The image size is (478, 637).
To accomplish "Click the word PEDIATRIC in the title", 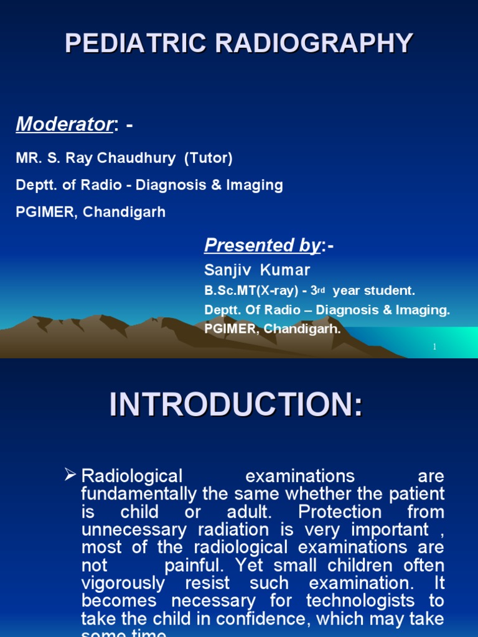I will pyautogui.click(x=130, y=44).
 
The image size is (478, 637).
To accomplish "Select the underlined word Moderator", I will pyautogui.click(x=63, y=124).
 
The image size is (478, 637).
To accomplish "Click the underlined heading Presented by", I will pyautogui.click(x=262, y=246).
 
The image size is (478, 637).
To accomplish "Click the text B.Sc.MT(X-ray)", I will pyautogui.click(x=246, y=291).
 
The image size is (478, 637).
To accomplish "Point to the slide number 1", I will pyautogui.click(x=435, y=346).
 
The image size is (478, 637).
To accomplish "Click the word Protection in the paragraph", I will pyautogui.click(x=338, y=513).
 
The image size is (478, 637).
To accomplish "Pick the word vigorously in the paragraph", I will pyautogui.click(x=123, y=584).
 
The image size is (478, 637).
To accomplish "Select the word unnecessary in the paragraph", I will pyautogui.click(x=134, y=531).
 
